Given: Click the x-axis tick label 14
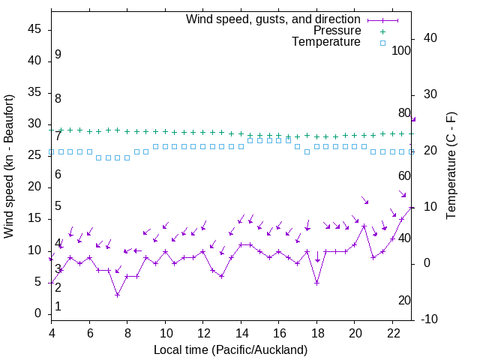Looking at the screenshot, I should point(241,331).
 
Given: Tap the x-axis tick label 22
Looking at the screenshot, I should point(392,331).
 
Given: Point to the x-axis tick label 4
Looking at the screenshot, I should point(52,331).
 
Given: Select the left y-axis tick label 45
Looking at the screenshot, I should point(35,30).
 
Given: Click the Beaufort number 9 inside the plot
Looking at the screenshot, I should point(58,55).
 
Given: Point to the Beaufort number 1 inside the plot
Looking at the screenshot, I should point(58,307).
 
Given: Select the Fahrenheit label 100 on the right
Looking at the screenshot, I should point(401,50).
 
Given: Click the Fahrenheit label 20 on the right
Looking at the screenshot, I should point(404,301).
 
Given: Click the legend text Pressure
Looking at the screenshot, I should point(337,31).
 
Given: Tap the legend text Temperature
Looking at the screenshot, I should point(326,42).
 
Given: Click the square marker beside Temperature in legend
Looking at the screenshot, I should point(382,43).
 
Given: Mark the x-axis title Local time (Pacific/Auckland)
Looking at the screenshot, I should point(230,349).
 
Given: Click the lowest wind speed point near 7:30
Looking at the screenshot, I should point(118,295).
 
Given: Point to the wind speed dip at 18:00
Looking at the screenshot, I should point(317,283).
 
